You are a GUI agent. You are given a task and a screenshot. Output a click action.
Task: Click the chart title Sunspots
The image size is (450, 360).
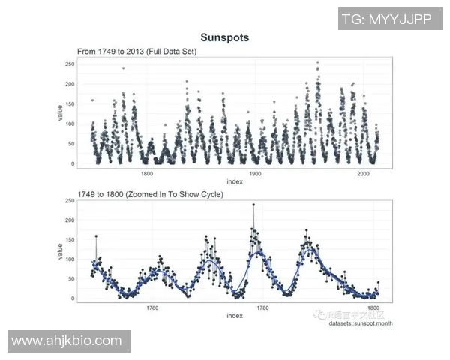[x=224, y=37]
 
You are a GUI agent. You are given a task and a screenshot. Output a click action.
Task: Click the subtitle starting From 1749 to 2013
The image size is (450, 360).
[x=133, y=51]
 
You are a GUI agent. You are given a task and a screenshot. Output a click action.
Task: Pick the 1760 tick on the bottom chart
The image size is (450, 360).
[x=153, y=307]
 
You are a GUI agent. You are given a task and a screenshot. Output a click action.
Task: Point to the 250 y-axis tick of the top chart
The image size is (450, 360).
[x=70, y=64]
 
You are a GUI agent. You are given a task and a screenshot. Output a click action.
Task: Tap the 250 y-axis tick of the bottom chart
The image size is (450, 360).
[x=70, y=201]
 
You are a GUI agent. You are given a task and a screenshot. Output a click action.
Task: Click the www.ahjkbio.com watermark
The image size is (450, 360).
[x=67, y=341]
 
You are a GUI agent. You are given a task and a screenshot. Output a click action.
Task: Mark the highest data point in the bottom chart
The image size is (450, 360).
[x=253, y=205]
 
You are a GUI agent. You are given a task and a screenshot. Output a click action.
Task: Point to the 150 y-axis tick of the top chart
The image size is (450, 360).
[x=70, y=104]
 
